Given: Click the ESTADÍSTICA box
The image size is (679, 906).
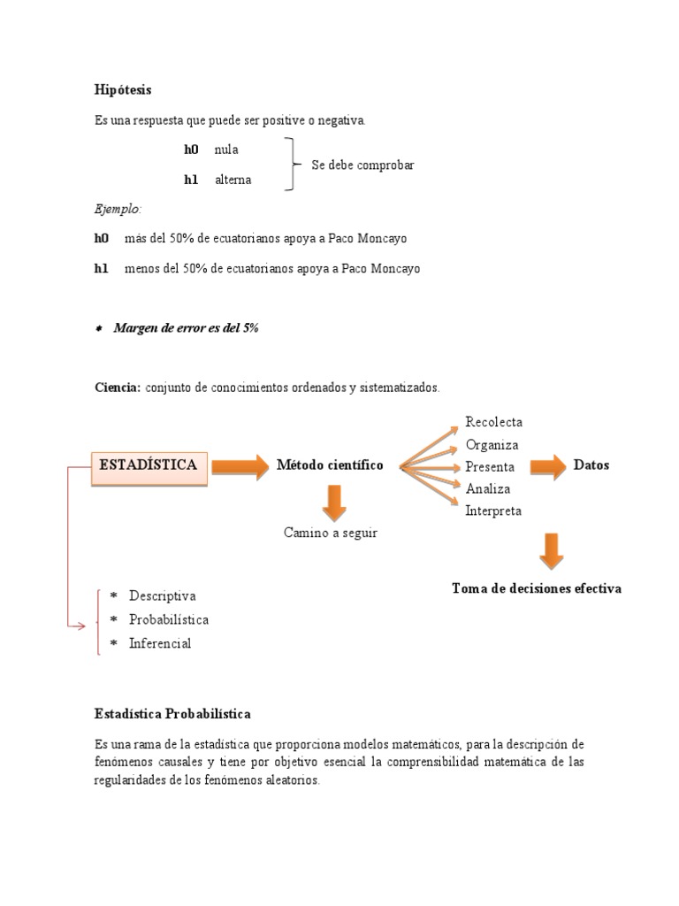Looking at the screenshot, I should [x=149, y=465].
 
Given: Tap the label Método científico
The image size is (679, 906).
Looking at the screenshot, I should [x=330, y=465].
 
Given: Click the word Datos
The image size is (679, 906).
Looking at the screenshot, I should [x=591, y=465].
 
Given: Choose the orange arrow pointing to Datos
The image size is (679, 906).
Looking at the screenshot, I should [x=548, y=466].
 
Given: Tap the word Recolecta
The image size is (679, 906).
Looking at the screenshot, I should [x=493, y=422].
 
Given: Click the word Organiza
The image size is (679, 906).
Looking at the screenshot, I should [x=492, y=445].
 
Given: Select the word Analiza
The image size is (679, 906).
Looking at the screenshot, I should [x=488, y=488].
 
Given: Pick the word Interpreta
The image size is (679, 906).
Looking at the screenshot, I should [x=493, y=511].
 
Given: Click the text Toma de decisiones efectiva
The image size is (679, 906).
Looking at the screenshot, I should [x=537, y=588].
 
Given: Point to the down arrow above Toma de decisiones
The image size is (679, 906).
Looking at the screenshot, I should [x=552, y=550].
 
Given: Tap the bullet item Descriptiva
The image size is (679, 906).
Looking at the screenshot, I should [x=163, y=596].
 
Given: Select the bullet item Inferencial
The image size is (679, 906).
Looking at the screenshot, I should [x=160, y=644].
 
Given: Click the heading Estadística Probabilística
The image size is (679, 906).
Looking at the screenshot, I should [x=172, y=714].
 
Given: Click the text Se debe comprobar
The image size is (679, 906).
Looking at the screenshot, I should [x=362, y=165].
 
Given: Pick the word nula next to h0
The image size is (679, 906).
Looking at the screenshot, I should [x=226, y=150].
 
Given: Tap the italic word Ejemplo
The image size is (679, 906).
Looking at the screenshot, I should [x=118, y=210].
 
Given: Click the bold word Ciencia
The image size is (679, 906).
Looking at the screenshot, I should [x=117, y=388].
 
